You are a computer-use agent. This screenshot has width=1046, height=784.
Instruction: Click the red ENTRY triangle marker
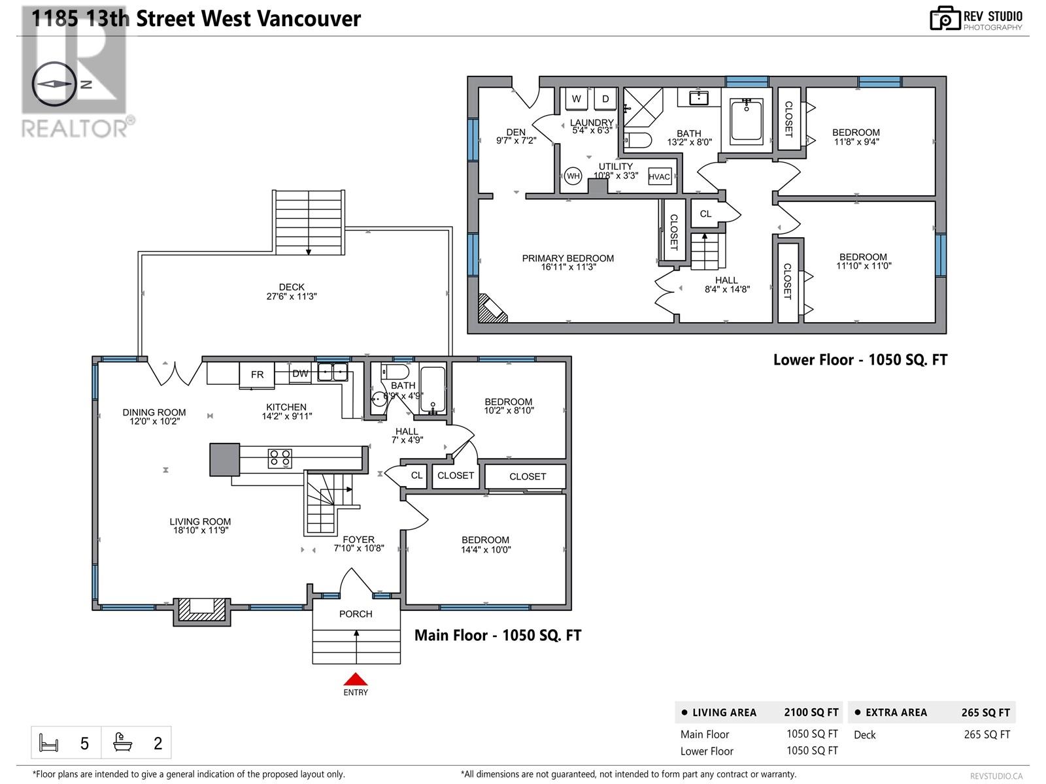pos(355,679)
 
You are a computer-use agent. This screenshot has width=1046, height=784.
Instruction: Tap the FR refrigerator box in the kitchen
pos(257,374)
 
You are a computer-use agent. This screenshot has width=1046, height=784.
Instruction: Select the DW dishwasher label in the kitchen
pos(300,374)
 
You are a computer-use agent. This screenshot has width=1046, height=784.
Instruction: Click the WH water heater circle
pos(573,176)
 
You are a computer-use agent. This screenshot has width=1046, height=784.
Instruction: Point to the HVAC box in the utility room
pos(660,176)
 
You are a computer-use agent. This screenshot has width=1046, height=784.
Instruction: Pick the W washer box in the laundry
pos(577,99)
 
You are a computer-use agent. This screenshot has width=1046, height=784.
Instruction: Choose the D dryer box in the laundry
pos(605,99)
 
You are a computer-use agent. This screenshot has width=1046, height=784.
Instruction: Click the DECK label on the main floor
pos(292,287)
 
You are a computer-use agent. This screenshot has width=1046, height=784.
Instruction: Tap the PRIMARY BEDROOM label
pos(567,258)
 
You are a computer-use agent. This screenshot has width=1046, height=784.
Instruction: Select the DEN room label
pos(516,132)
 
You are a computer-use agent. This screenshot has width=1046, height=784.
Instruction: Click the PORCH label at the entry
pos(356,614)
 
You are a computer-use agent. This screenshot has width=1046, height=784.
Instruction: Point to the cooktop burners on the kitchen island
pos(280,458)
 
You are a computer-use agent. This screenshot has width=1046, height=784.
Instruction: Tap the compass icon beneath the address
pos(54,84)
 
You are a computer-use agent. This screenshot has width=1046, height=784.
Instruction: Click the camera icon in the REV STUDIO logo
pos(945,19)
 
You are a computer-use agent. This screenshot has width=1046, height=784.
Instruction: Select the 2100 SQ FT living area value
pos(811,712)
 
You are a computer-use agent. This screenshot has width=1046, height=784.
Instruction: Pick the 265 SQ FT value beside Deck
pos(987,734)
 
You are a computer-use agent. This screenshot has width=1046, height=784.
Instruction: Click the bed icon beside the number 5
pos(49,743)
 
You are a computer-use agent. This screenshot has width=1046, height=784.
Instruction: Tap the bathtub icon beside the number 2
pos(123,742)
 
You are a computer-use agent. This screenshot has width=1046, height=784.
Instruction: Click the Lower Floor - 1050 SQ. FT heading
pos(860,359)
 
